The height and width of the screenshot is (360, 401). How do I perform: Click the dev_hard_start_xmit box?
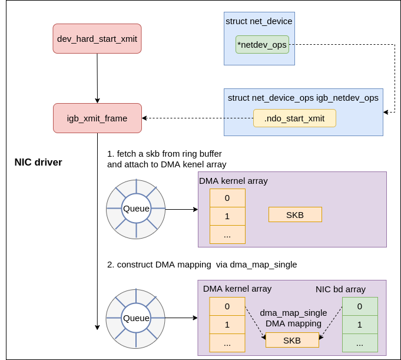click(97, 39)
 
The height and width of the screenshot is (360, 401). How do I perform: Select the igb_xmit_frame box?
click(97, 118)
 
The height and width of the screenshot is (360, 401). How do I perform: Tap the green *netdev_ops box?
click(262, 45)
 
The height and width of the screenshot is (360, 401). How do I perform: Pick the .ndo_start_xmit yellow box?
click(294, 118)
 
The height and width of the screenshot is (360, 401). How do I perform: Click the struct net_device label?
click(259, 21)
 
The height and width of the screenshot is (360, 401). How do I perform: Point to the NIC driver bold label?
click(38, 162)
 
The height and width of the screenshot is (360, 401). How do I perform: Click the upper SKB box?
click(295, 214)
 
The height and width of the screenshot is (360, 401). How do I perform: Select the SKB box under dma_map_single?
click(292, 340)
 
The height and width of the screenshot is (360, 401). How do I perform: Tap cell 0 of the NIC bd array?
click(360, 306)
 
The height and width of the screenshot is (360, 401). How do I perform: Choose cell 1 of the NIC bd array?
click(360, 324)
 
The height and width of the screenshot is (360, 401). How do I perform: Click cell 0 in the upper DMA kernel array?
click(227, 198)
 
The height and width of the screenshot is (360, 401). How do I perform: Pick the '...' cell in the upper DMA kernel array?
click(227, 235)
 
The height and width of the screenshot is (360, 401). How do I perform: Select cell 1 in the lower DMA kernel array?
click(227, 324)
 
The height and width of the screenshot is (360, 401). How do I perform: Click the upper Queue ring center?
click(136, 209)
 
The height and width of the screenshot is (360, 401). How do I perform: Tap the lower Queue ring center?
click(136, 318)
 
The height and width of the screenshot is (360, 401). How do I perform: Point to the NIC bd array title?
click(340, 289)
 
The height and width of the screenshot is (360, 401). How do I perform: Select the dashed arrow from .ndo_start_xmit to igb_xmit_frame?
click(197, 118)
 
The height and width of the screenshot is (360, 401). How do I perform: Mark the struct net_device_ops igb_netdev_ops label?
click(303, 98)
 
